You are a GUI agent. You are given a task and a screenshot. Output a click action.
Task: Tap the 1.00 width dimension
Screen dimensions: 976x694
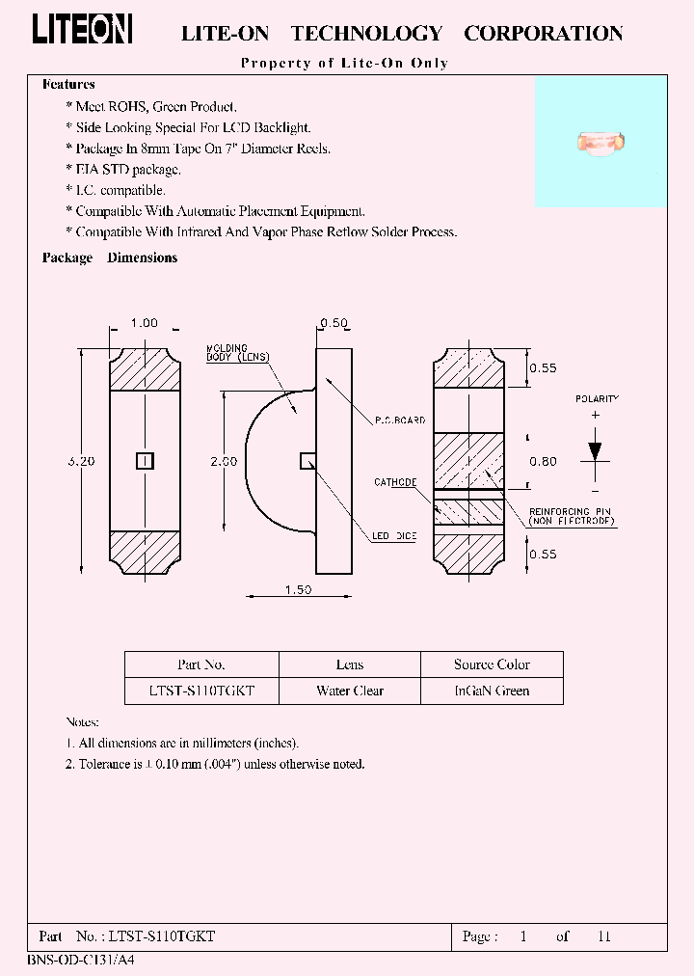click(144, 323)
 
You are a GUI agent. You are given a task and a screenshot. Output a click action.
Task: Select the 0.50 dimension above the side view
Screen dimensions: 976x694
click(334, 323)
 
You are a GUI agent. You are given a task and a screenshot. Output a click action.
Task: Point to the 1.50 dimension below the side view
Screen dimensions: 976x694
click(298, 590)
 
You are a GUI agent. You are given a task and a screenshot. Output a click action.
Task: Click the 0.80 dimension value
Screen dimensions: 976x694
click(543, 461)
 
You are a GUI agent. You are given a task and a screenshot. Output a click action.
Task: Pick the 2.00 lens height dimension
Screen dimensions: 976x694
click(225, 461)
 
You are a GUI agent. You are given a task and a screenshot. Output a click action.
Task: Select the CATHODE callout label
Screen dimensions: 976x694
click(395, 482)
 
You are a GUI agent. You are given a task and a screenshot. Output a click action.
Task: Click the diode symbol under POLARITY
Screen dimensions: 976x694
click(595, 451)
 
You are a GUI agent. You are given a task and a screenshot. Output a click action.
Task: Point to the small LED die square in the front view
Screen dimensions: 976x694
click(144, 461)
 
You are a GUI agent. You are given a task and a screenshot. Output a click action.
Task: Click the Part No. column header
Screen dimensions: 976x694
click(201, 664)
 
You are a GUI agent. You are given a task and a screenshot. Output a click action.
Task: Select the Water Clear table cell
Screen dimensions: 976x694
click(350, 691)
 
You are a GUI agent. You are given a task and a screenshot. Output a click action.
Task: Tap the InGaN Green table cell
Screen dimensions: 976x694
click(492, 691)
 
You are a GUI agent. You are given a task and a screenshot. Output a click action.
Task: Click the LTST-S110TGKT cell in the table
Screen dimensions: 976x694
click(201, 691)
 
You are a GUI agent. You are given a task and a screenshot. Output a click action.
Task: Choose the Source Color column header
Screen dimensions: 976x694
click(492, 664)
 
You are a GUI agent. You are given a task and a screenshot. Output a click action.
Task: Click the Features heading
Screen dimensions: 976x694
click(68, 85)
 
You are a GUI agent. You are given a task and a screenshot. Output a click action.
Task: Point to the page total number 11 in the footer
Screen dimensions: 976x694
click(604, 936)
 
